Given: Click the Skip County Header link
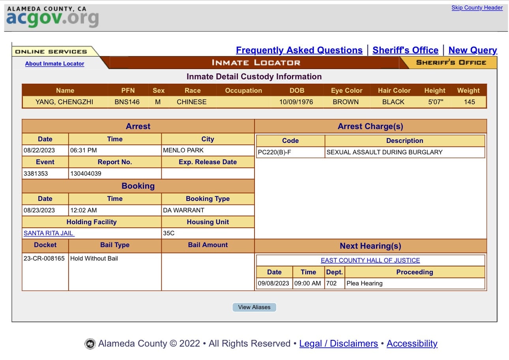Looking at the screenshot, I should coord(477,7).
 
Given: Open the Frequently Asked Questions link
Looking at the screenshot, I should coord(299,50).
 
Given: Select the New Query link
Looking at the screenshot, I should coord(473,50).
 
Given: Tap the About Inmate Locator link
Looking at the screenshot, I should coord(54,64).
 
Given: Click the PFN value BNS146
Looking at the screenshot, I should coord(127,102).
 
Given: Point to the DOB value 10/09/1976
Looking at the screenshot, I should coord(296,102).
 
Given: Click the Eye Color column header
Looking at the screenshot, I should coord(347,90).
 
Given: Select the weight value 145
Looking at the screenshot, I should coord(469,102).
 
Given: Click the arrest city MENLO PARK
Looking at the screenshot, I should coord(183,150).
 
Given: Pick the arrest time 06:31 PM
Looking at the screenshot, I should coord(84,150).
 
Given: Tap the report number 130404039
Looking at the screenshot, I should coord(86,173).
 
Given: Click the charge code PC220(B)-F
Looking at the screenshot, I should coord(274,152).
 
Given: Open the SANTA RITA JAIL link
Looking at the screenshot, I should coord(49,233).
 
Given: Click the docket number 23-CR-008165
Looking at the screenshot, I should coord(44,259).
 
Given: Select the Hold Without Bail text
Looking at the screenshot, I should coord(94,259).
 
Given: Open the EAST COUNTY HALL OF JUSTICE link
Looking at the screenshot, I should coord(370,261).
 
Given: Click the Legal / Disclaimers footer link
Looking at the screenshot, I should coord(339,343).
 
